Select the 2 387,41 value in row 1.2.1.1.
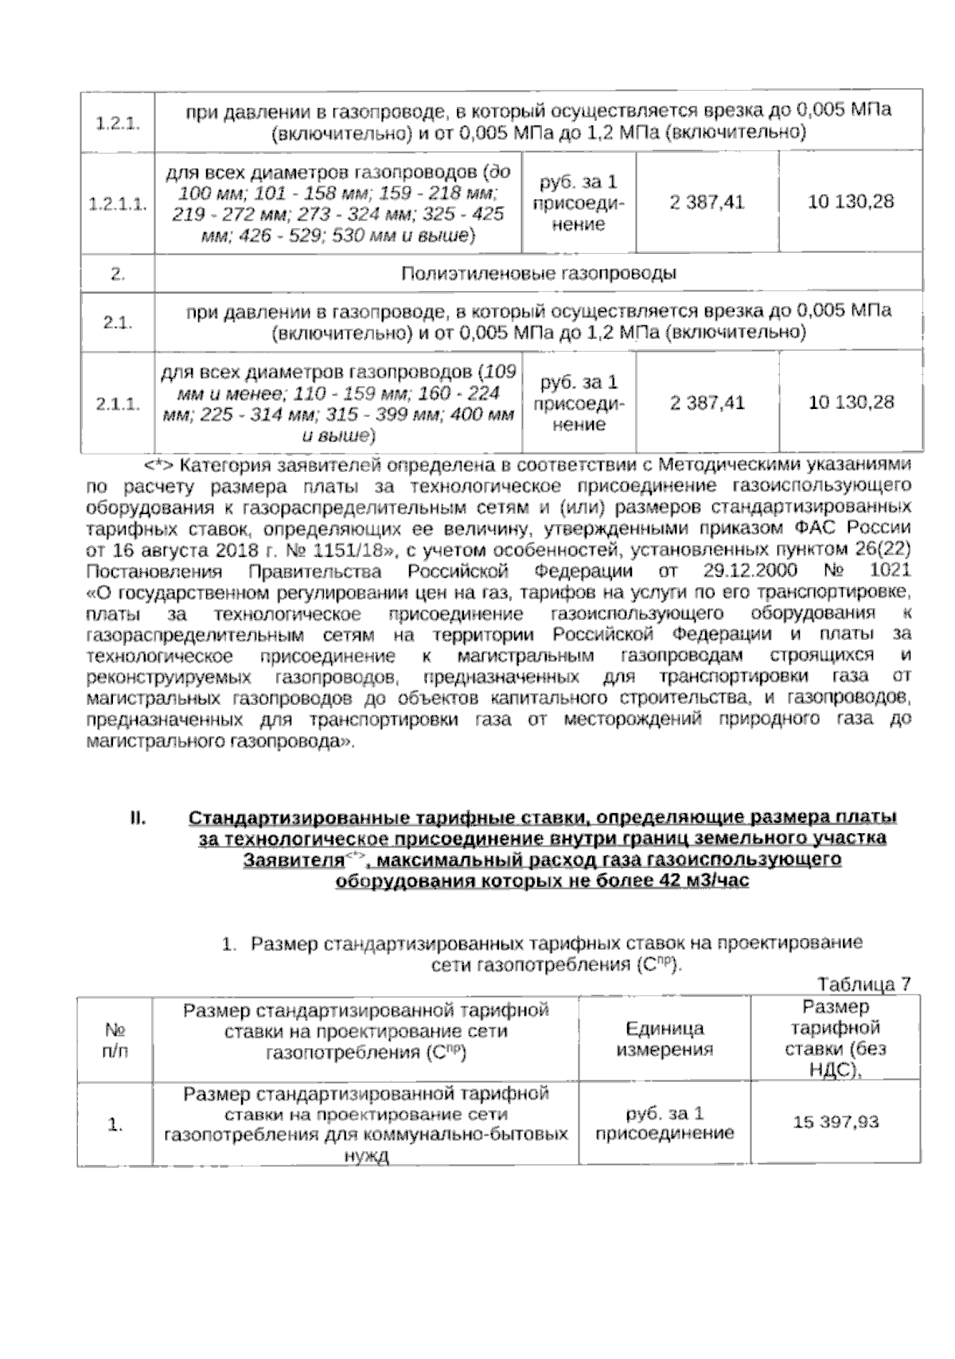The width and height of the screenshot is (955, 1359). (707, 202)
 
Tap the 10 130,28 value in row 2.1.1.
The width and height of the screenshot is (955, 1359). (851, 402)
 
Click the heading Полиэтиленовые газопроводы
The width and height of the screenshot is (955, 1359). (538, 274)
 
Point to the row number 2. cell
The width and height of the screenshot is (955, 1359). (117, 274)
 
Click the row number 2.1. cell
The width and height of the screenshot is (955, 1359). (117, 322)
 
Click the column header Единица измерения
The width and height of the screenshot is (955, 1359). (665, 1038)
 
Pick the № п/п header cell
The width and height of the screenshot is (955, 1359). (115, 1038)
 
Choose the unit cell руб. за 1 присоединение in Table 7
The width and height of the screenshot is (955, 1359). (665, 1122)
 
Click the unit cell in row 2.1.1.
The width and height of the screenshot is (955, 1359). (579, 403)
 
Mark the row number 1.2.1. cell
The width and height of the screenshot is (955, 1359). (117, 122)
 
